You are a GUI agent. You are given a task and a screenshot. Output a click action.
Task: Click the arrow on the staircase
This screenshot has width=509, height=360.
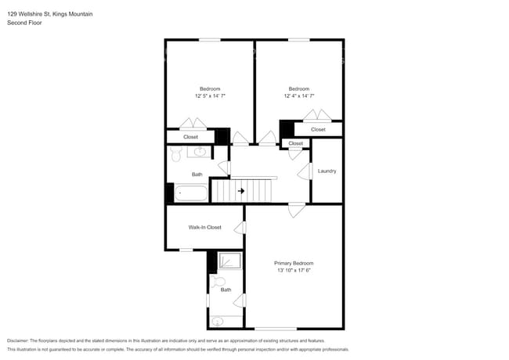241,190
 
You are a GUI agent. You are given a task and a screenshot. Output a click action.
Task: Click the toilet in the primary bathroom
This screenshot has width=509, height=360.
219,282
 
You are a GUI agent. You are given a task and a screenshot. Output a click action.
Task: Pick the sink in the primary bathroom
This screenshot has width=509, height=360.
218,321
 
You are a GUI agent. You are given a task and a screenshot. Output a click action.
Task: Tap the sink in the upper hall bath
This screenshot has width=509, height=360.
199,151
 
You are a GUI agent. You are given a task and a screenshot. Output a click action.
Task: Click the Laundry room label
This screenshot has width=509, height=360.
327,171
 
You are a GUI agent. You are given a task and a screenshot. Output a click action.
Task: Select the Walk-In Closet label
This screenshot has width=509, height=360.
204,227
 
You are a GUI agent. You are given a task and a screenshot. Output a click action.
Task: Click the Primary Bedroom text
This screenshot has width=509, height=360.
294,263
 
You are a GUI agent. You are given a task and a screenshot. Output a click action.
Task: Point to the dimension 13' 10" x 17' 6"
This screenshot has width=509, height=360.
294,271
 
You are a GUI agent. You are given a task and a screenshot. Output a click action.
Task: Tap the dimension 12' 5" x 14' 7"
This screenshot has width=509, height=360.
210,95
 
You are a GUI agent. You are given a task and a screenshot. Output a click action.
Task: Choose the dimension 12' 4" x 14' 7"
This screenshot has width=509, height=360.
298,95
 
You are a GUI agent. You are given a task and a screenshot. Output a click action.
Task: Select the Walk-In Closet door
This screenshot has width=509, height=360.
243,228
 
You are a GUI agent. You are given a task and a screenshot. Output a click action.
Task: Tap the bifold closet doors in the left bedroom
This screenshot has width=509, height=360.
193,124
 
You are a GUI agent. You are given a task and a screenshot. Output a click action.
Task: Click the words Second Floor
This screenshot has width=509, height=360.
24,23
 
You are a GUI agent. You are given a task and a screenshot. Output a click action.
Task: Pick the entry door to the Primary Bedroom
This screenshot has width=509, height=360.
296,208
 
